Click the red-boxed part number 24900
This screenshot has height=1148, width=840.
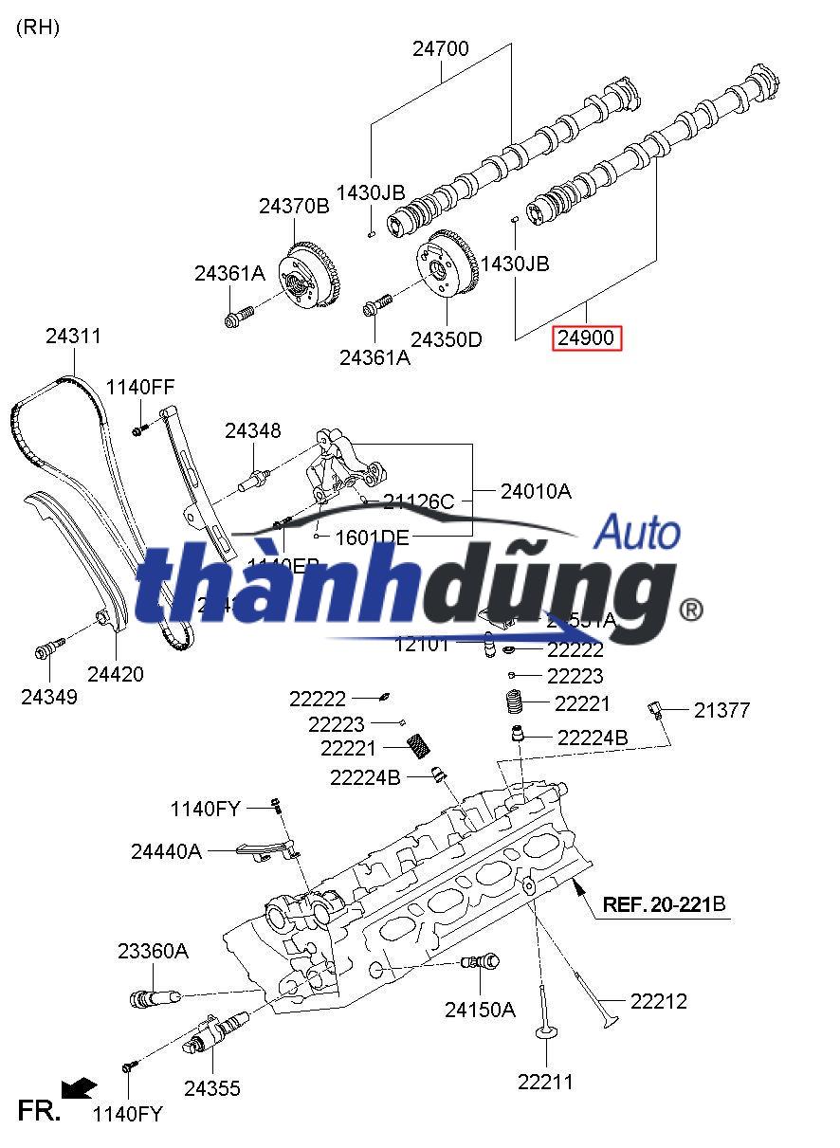tap(586, 337)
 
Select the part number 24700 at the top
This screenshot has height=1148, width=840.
tap(440, 49)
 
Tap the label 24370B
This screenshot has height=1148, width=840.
tap(294, 206)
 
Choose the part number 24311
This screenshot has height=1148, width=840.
tap(73, 337)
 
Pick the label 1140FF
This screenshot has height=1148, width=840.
tap(140, 387)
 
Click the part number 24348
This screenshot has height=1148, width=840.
tap(253, 431)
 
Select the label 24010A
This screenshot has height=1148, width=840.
tap(537, 491)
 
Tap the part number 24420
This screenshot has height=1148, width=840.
tap(116, 674)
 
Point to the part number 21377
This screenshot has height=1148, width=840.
tap(721, 710)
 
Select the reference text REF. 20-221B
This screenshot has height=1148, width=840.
tap(665, 904)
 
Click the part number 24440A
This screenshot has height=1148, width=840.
tap(167, 851)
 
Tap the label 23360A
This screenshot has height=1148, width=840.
tap(153, 951)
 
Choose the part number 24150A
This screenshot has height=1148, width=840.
tap(480, 1011)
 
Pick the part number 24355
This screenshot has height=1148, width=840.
tap(212, 1088)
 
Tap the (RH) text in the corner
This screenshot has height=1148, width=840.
tap(38, 27)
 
